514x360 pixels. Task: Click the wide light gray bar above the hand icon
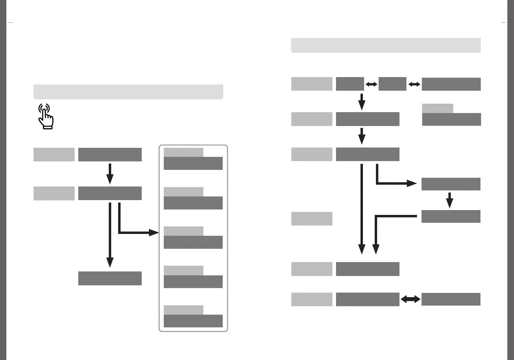(128, 92)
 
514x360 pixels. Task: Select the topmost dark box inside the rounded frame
(193, 163)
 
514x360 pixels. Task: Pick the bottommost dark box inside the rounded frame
(193, 321)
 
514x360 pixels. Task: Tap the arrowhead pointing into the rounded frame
(154, 233)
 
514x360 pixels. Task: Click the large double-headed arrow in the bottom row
(410, 299)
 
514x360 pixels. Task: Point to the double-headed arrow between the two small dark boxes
(371, 84)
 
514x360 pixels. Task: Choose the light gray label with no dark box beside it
(312, 219)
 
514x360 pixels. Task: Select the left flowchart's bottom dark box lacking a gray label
(110, 278)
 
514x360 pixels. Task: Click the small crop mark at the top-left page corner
(11, 22)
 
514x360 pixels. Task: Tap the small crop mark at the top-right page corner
(503, 22)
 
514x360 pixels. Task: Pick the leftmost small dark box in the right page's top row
(350, 84)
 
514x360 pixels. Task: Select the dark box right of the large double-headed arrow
(451, 299)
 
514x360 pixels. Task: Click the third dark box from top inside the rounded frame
(193, 242)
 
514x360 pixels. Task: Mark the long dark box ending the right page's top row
(451, 84)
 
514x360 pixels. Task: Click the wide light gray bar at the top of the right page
(386, 45)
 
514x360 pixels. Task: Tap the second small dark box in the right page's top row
(392, 84)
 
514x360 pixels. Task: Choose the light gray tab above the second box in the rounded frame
(183, 192)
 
